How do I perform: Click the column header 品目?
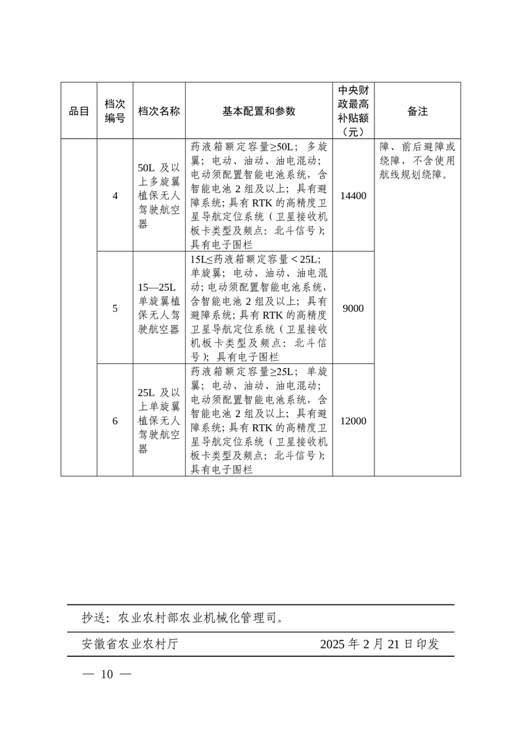[x=79, y=111]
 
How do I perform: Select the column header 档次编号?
[x=115, y=111]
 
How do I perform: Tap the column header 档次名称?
[x=159, y=111]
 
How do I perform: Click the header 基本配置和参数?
[x=259, y=111]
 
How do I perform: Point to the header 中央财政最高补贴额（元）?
[x=353, y=110]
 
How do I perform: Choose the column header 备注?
[x=417, y=111]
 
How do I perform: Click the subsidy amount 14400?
[x=353, y=195]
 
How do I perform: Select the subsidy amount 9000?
[x=353, y=307]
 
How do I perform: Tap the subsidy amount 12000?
[x=353, y=420]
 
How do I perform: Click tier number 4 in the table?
[x=115, y=195]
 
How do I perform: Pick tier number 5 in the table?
[x=115, y=307]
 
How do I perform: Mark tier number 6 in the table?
[x=115, y=420]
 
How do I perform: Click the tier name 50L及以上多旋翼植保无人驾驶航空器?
[x=159, y=195]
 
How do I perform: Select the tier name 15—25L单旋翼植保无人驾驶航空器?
[x=159, y=307]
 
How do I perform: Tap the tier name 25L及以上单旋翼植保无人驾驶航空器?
[x=159, y=420]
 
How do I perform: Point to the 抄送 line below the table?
[x=183, y=618]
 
